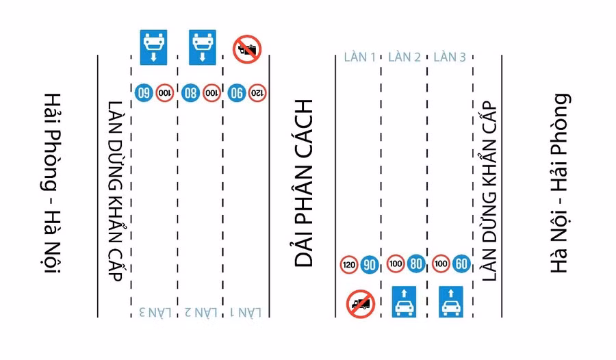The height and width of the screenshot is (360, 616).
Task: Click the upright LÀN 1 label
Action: (x=361, y=57)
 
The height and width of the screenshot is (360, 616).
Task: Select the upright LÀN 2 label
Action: (x=405, y=57)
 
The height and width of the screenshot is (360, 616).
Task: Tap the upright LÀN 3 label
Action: (x=450, y=57)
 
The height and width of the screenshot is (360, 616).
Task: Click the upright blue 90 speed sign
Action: (x=370, y=264)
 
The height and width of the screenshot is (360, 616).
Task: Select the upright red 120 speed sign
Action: (x=348, y=264)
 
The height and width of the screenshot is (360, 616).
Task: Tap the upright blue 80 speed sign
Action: (x=415, y=264)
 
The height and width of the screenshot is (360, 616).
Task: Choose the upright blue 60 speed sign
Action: (x=461, y=264)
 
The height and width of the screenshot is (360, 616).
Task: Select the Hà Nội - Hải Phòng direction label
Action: (x=560, y=183)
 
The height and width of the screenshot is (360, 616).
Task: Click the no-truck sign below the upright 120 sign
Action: (x=360, y=303)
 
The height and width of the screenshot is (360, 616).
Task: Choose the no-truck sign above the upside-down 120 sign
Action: (x=247, y=50)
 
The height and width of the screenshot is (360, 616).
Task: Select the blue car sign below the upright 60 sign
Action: (x=451, y=302)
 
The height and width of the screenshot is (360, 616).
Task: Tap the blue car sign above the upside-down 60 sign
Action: (x=154, y=47)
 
